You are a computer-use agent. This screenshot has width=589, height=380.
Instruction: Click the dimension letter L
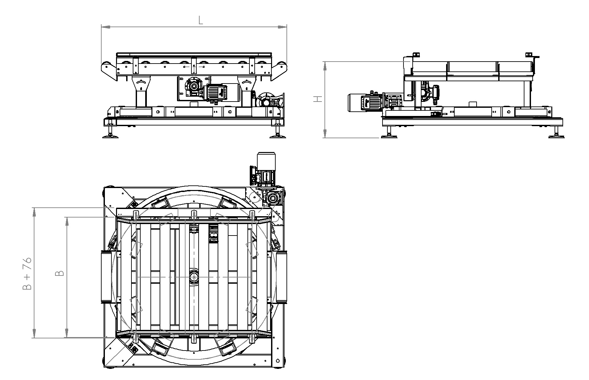click(201, 20)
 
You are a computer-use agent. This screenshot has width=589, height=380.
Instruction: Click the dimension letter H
click(318, 99)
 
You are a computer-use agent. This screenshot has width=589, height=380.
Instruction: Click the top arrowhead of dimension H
click(325, 66)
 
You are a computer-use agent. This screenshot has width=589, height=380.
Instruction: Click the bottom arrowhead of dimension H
click(325, 134)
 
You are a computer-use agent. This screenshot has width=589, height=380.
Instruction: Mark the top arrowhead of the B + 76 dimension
click(34, 212)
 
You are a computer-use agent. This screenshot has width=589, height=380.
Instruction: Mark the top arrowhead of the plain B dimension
click(67, 221)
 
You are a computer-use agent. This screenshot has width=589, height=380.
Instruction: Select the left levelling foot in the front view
click(110, 131)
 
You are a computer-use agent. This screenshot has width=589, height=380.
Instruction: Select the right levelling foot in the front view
click(278, 131)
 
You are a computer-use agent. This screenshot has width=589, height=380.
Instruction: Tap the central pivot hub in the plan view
click(194, 277)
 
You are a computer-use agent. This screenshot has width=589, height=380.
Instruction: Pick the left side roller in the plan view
click(106, 277)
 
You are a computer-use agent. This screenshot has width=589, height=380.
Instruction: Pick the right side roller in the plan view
click(282, 277)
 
